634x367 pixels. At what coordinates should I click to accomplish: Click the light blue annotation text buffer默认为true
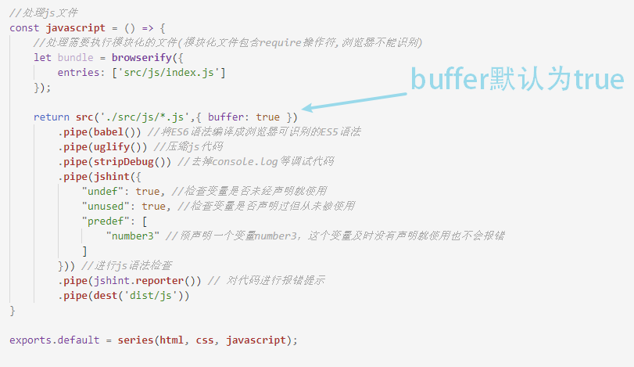coord(518,80)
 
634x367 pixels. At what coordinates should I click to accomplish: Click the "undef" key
coord(106,191)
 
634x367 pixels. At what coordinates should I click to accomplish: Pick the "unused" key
coord(109,206)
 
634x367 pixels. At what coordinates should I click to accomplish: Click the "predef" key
coord(109,221)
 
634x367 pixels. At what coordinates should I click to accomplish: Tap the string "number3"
coord(133,236)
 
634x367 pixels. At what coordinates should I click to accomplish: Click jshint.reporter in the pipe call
coord(138,280)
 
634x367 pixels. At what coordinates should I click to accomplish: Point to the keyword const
coord(24,27)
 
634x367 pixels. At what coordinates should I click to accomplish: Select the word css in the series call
coord(205,340)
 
